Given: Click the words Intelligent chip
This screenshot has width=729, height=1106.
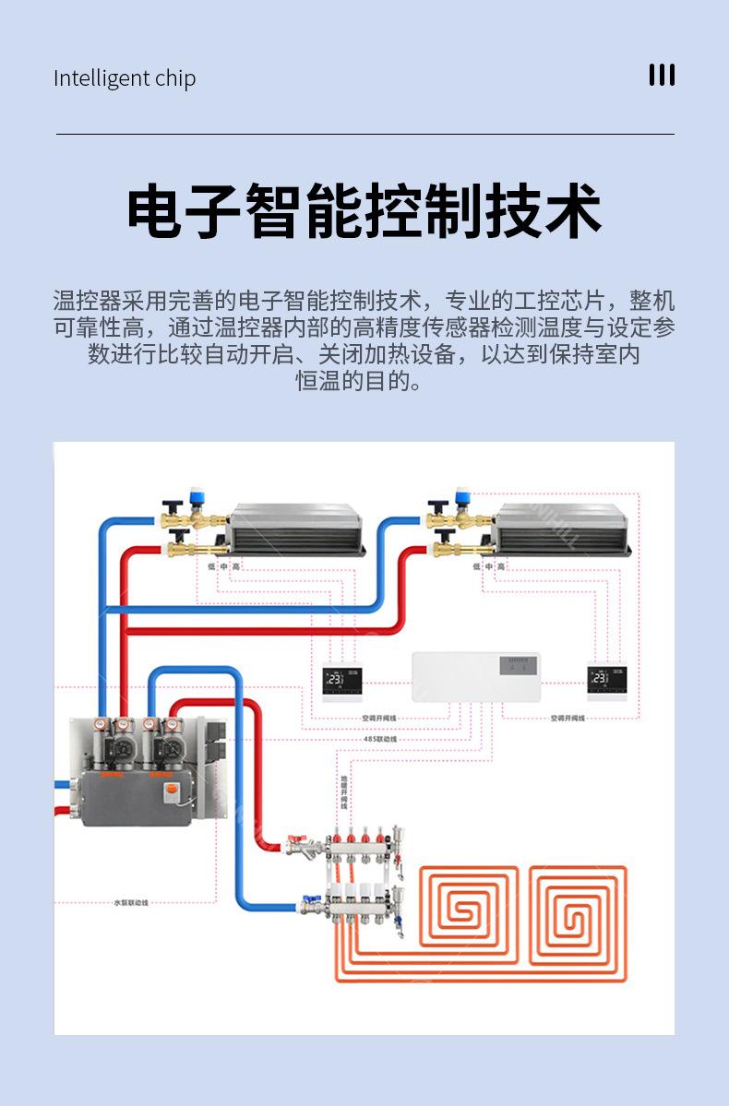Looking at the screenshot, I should pyautogui.click(x=125, y=78).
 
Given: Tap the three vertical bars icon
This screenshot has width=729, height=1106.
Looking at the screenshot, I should pyautogui.click(x=662, y=76).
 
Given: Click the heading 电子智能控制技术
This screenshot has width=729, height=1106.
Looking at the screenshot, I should pyautogui.click(x=364, y=212).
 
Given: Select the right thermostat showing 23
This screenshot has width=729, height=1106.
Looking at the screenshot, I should pyautogui.click(x=606, y=682).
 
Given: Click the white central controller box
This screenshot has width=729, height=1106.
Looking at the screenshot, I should pyautogui.click(x=475, y=676).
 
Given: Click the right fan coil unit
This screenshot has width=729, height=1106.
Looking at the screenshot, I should pyautogui.click(x=561, y=529).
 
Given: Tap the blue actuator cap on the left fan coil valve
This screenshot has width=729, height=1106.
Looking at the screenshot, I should pyautogui.click(x=196, y=496).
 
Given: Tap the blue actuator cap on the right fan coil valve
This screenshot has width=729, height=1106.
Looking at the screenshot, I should pyautogui.click(x=462, y=496).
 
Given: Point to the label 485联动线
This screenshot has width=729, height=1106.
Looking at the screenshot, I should pyautogui.click(x=379, y=739).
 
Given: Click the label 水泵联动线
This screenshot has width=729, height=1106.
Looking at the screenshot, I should pyautogui.click(x=131, y=902).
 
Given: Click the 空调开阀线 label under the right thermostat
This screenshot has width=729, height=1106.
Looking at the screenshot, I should pyautogui.click(x=568, y=718).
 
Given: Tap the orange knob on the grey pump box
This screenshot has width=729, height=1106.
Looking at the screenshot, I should pyautogui.click(x=171, y=791).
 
